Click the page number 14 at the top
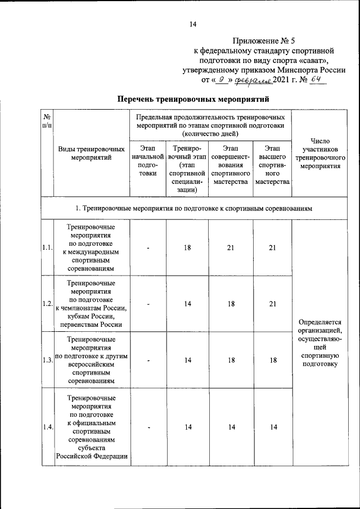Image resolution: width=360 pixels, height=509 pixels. (x=193, y=24)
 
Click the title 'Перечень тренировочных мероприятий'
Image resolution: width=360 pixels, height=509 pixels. (x=193, y=99)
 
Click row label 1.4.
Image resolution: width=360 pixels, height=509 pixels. (x=47, y=428)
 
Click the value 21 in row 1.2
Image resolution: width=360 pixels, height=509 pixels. (x=273, y=304)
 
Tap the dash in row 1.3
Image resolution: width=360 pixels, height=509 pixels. (x=148, y=361)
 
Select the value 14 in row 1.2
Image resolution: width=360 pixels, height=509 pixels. (x=187, y=304)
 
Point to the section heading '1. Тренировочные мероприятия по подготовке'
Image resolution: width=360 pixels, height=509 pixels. (x=194, y=209)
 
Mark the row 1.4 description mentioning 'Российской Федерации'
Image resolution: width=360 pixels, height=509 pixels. (x=92, y=456)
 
